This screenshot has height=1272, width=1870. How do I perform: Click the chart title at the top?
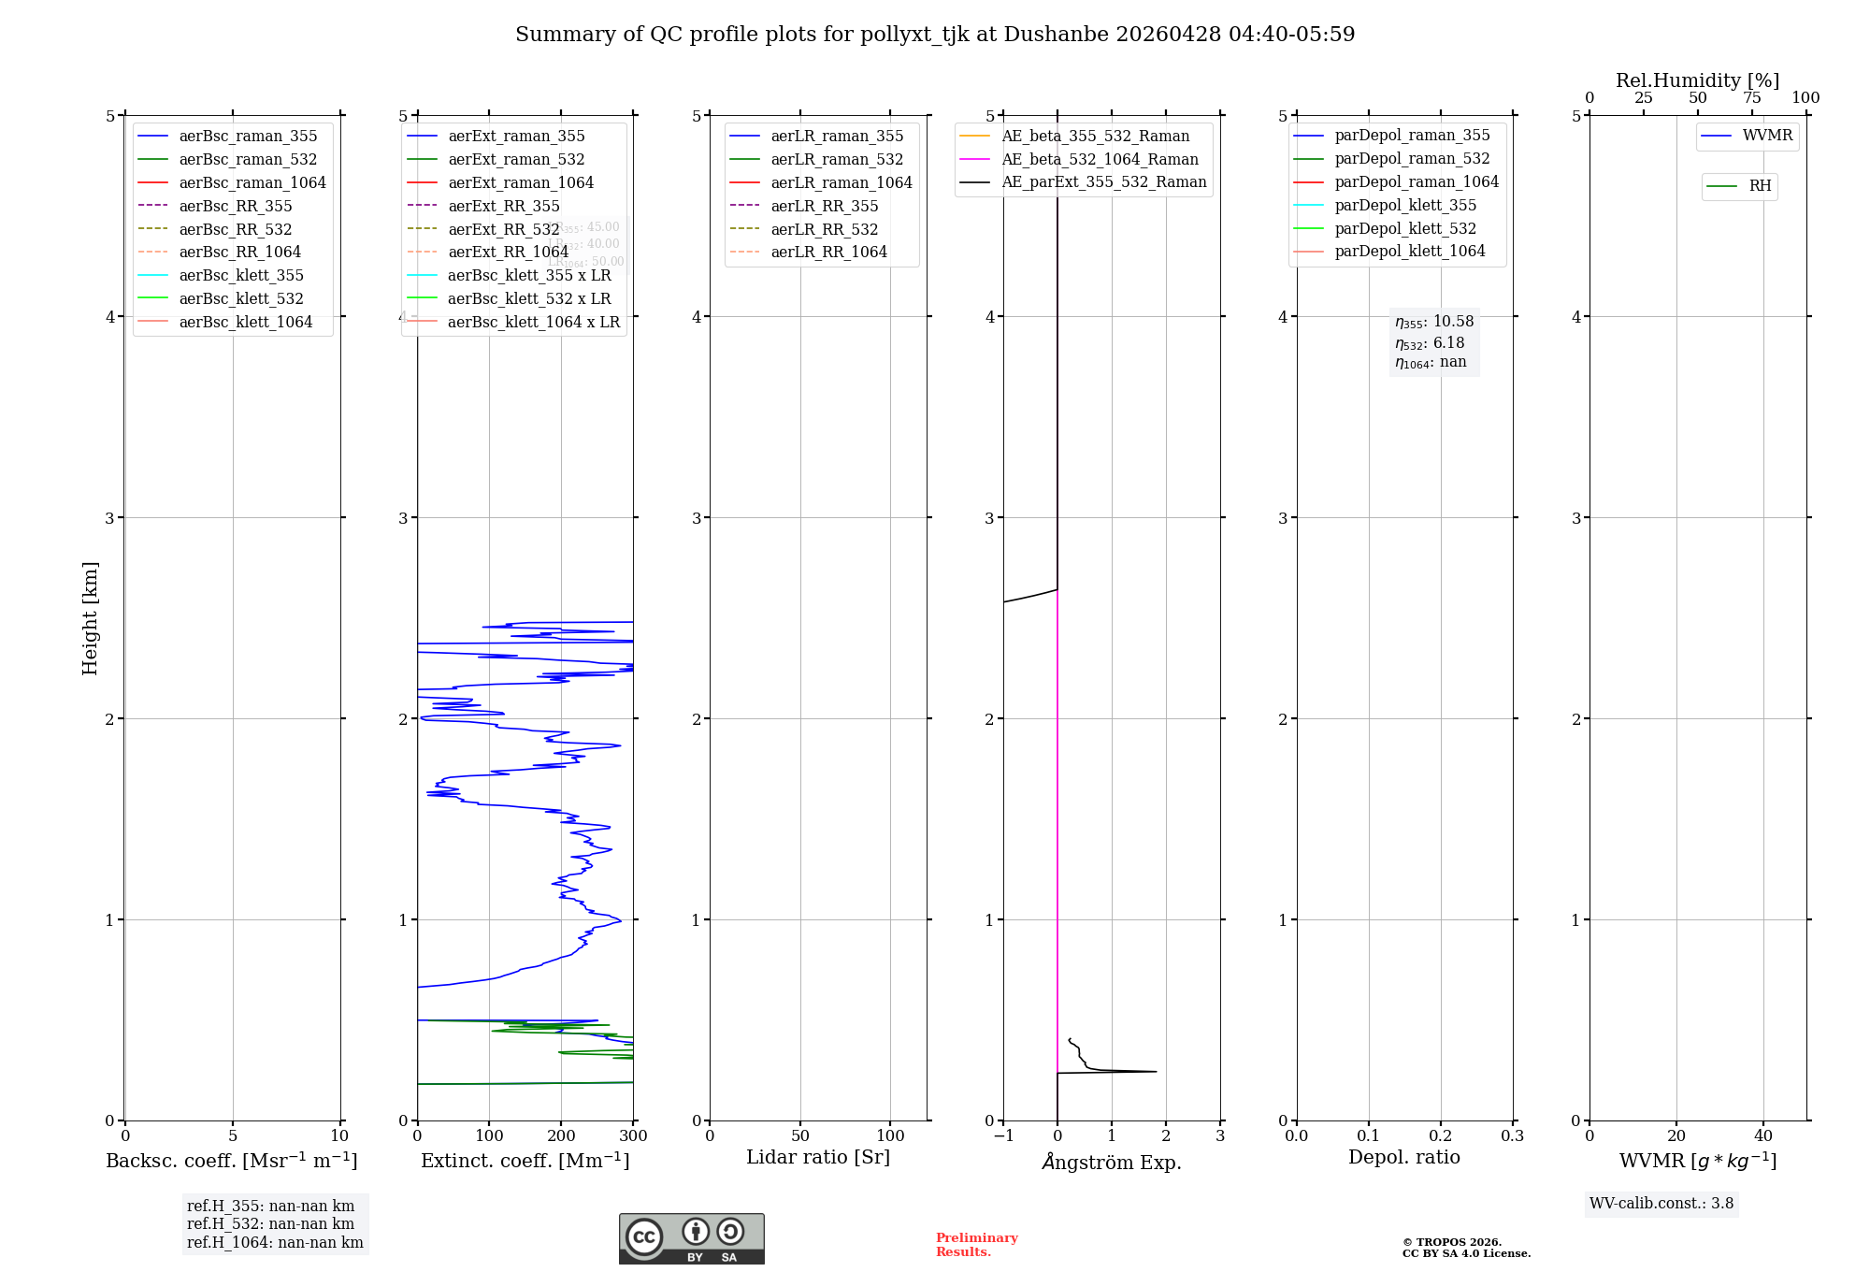point(935,35)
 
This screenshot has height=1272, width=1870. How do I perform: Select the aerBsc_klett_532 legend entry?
point(241,299)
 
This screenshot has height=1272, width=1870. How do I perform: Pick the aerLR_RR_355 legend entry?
point(824,207)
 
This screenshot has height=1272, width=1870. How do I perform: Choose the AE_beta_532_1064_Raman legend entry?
point(1100,160)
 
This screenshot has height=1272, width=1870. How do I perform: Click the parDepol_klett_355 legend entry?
point(1405,206)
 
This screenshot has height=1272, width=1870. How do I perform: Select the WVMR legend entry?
point(1767,137)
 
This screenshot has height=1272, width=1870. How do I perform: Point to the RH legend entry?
point(1760,186)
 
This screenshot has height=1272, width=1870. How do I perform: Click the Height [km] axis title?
point(90,617)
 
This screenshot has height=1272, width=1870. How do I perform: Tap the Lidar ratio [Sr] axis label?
point(818,1158)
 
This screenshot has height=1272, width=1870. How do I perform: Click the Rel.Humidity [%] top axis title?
point(1697,80)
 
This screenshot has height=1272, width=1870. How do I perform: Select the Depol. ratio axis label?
point(1403,1158)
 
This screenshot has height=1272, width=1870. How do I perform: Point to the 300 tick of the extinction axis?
point(633,1136)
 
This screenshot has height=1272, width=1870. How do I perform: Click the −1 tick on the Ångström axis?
point(1003,1136)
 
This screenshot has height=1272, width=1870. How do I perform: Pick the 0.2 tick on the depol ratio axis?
point(1441,1136)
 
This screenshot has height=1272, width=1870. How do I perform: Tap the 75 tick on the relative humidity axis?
point(1751,98)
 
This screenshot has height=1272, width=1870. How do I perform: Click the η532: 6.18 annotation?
point(1430,343)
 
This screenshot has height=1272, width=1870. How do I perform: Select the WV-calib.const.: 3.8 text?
point(1661,1204)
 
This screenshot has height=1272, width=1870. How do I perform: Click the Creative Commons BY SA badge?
point(691,1239)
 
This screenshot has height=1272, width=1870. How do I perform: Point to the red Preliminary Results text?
point(976,1245)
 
